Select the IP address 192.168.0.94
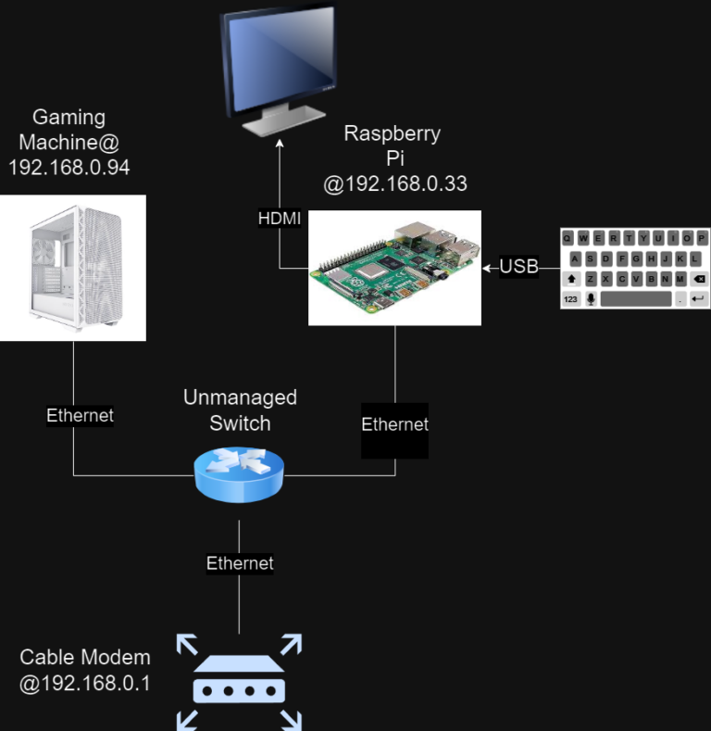click(x=69, y=168)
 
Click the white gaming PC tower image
click(x=73, y=268)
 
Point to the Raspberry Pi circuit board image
click(x=395, y=268)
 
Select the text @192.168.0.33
click(x=395, y=184)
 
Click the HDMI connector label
click(x=279, y=219)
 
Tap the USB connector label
click(x=518, y=268)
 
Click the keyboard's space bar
click(x=635, y=299)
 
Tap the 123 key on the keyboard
click(x=571, y=299)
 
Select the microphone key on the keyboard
click(x=592, y=299)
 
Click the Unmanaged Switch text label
click(x=240, y=410)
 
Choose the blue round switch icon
click(x=240, y=472)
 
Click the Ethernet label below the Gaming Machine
click(x=81, y=416)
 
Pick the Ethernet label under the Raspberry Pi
click(x=395, y=425)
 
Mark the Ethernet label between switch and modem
click(x=240, y=563)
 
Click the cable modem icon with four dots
click(x=240, y=681)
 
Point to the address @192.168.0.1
click(x=85, y=685)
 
